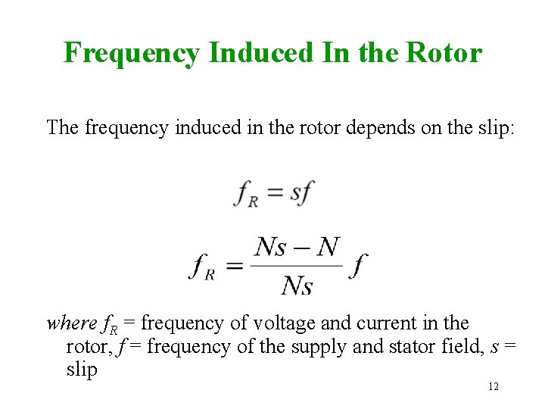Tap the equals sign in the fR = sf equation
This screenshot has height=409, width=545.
[275, 192]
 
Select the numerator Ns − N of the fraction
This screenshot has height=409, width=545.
[297, 247]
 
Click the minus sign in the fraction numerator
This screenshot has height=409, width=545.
[297, 248]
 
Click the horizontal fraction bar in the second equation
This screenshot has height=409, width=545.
[297, 266]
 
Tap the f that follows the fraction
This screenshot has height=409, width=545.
[358, 266]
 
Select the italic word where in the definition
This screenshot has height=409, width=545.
[72, 323]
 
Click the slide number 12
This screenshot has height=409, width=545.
[493, 387]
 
